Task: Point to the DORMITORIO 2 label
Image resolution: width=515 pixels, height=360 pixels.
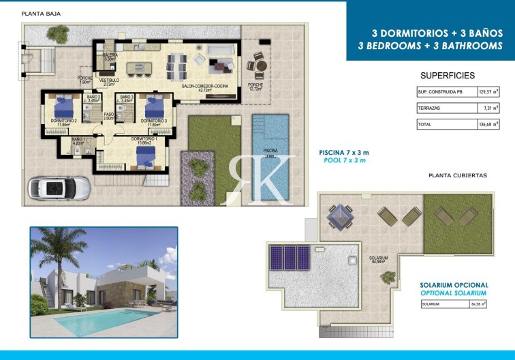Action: [63, 121]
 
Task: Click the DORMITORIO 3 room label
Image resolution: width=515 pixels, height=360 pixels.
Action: [154, 121]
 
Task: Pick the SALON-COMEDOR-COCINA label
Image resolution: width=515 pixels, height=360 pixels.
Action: [204, 86]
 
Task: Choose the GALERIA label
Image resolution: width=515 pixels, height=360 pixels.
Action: [110, 55]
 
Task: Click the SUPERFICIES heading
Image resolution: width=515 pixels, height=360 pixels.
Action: [448, 76]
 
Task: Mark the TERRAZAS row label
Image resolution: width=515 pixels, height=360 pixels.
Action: [429, 108]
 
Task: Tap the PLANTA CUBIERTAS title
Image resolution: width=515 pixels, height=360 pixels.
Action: [458, 175]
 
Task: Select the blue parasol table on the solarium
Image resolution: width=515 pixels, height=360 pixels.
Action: [341, 217]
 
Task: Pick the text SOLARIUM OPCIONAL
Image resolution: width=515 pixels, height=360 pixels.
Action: [454, 284]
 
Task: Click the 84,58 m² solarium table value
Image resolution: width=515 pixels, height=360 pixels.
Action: [476, 305]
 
